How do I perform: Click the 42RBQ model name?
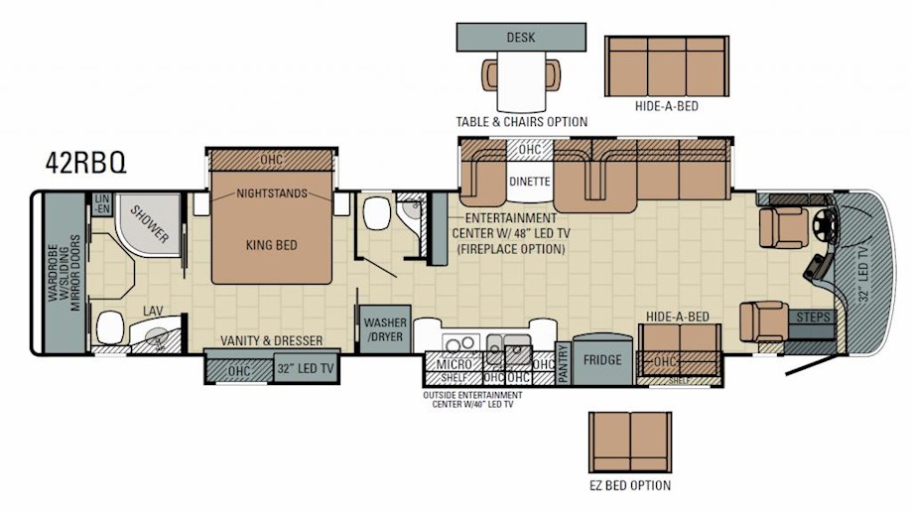(85, 164)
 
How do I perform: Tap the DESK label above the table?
(521, 37)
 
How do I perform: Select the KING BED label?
(271, 245)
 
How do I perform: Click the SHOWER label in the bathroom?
(149, 224)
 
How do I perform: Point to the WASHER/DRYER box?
(385, 329)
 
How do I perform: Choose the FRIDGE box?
(602, 360)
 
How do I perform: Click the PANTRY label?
(563, 363)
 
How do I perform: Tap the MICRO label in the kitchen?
(454, 364)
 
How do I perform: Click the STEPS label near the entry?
(813, 318)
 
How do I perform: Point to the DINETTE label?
(529, 182)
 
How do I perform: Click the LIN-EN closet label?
(101, 204)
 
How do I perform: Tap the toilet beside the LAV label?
(110, 327)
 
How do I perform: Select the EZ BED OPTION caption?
(630, 485)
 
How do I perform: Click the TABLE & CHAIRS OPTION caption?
(521, 122)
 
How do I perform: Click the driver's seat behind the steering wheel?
(783, 227)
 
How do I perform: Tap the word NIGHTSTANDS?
(272, 193)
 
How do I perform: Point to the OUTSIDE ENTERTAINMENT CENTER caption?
(472, 399)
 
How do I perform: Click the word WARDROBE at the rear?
(54, 272)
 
